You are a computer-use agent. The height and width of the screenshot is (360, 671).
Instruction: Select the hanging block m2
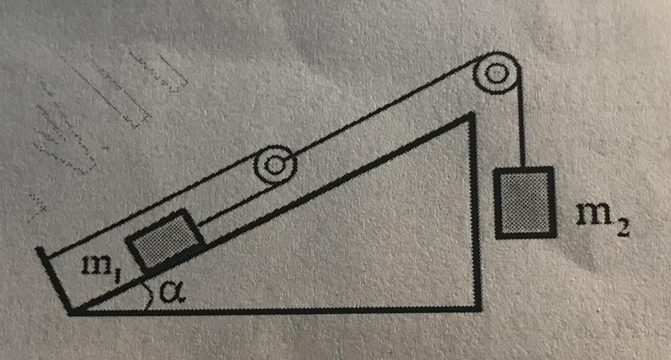525,202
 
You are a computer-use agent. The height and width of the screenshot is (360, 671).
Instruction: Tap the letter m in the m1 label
92,265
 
